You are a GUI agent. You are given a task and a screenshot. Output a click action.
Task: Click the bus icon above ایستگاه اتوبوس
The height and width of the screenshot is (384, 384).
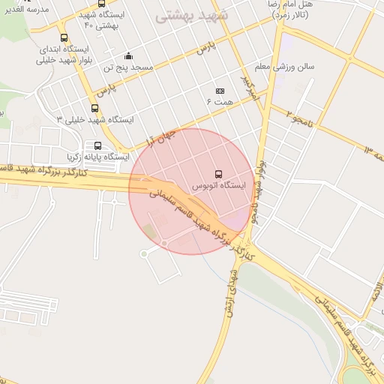pos(219,173)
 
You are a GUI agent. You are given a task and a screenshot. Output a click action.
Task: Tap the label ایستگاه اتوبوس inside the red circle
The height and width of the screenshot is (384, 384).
pos(219,185)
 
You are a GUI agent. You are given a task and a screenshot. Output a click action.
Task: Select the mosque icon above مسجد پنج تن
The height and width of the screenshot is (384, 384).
pos(128,55)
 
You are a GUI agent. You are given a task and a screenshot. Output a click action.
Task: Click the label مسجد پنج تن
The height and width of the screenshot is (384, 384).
pos(128,67)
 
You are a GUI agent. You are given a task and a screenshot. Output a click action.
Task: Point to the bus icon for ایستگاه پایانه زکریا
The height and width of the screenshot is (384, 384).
pos(97,145)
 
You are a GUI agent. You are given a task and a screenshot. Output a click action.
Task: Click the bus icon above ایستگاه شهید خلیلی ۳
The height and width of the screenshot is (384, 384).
pos(94,108)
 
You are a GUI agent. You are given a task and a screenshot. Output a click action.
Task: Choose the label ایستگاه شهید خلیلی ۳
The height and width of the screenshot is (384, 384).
pos(95,119)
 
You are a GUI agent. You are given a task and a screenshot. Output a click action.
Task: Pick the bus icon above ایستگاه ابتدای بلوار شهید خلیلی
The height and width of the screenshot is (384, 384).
pos(64,37)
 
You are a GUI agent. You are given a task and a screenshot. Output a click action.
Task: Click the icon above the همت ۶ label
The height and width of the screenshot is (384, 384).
pos(220,90)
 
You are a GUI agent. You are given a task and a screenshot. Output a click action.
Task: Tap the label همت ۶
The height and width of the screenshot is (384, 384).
pos(220,100)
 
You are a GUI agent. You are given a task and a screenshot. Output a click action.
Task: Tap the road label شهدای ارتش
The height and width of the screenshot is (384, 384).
pos(231,292)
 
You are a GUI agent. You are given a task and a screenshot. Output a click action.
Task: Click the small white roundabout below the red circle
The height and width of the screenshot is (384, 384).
pos(144,253)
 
